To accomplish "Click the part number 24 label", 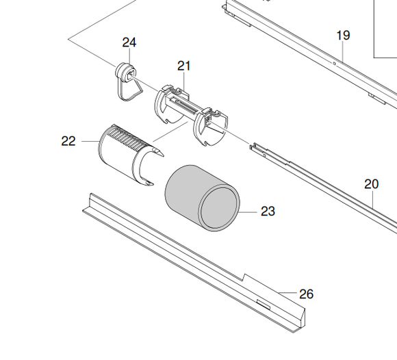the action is point(129,42).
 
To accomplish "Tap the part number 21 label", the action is point(184,66).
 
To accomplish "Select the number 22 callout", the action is point(68,141).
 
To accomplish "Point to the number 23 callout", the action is point(268,211).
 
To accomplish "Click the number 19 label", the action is point(344,35).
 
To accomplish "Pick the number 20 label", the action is point(372,184).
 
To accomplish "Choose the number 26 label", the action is point(307,294).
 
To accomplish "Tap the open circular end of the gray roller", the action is point(219,208).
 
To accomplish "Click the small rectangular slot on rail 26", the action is point(264,305).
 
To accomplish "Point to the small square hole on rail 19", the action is point(334,64).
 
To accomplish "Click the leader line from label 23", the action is point(248,212).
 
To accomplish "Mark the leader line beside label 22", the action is point(90,141).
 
